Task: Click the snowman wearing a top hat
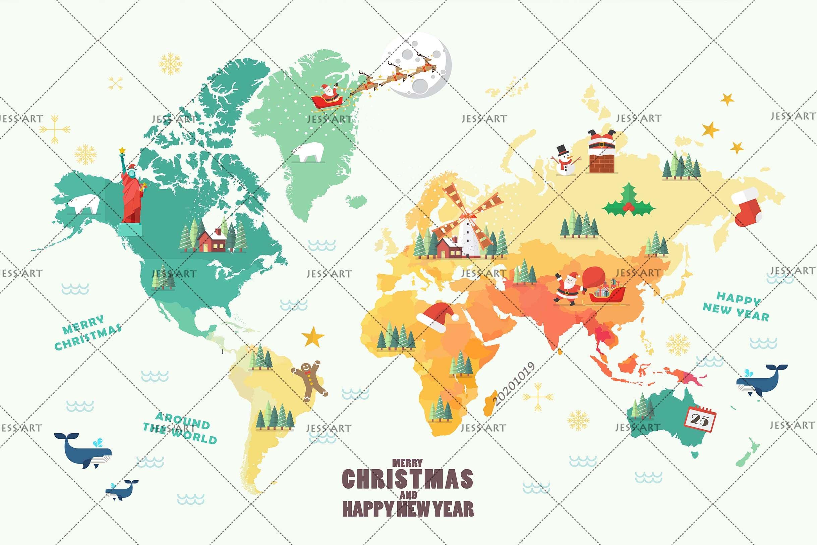tap(565, 161)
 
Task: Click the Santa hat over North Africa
tap(436, 316)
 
